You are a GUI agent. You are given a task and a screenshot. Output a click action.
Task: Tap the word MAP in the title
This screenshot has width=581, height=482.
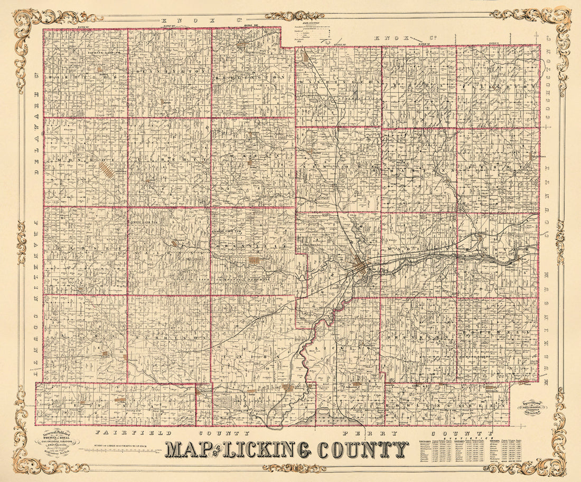point(185,449)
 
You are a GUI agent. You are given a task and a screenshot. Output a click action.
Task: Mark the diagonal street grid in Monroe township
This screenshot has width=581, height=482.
point(108,170)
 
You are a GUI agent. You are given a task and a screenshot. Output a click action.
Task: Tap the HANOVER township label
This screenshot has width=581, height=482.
point(499,247)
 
